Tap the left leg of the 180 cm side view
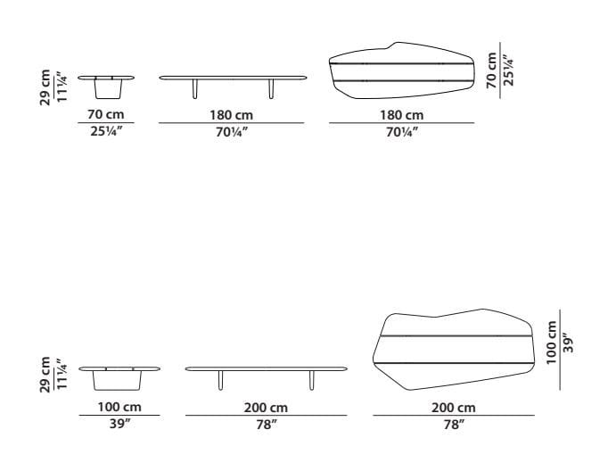(x=193, y=90)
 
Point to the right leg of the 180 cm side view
(x=271, y=90)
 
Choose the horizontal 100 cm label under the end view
(x=119, y=407)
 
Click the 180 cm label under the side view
(x=232, y=115)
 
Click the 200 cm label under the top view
(x=454, y=407)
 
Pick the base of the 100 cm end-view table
(x=119, y=381)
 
